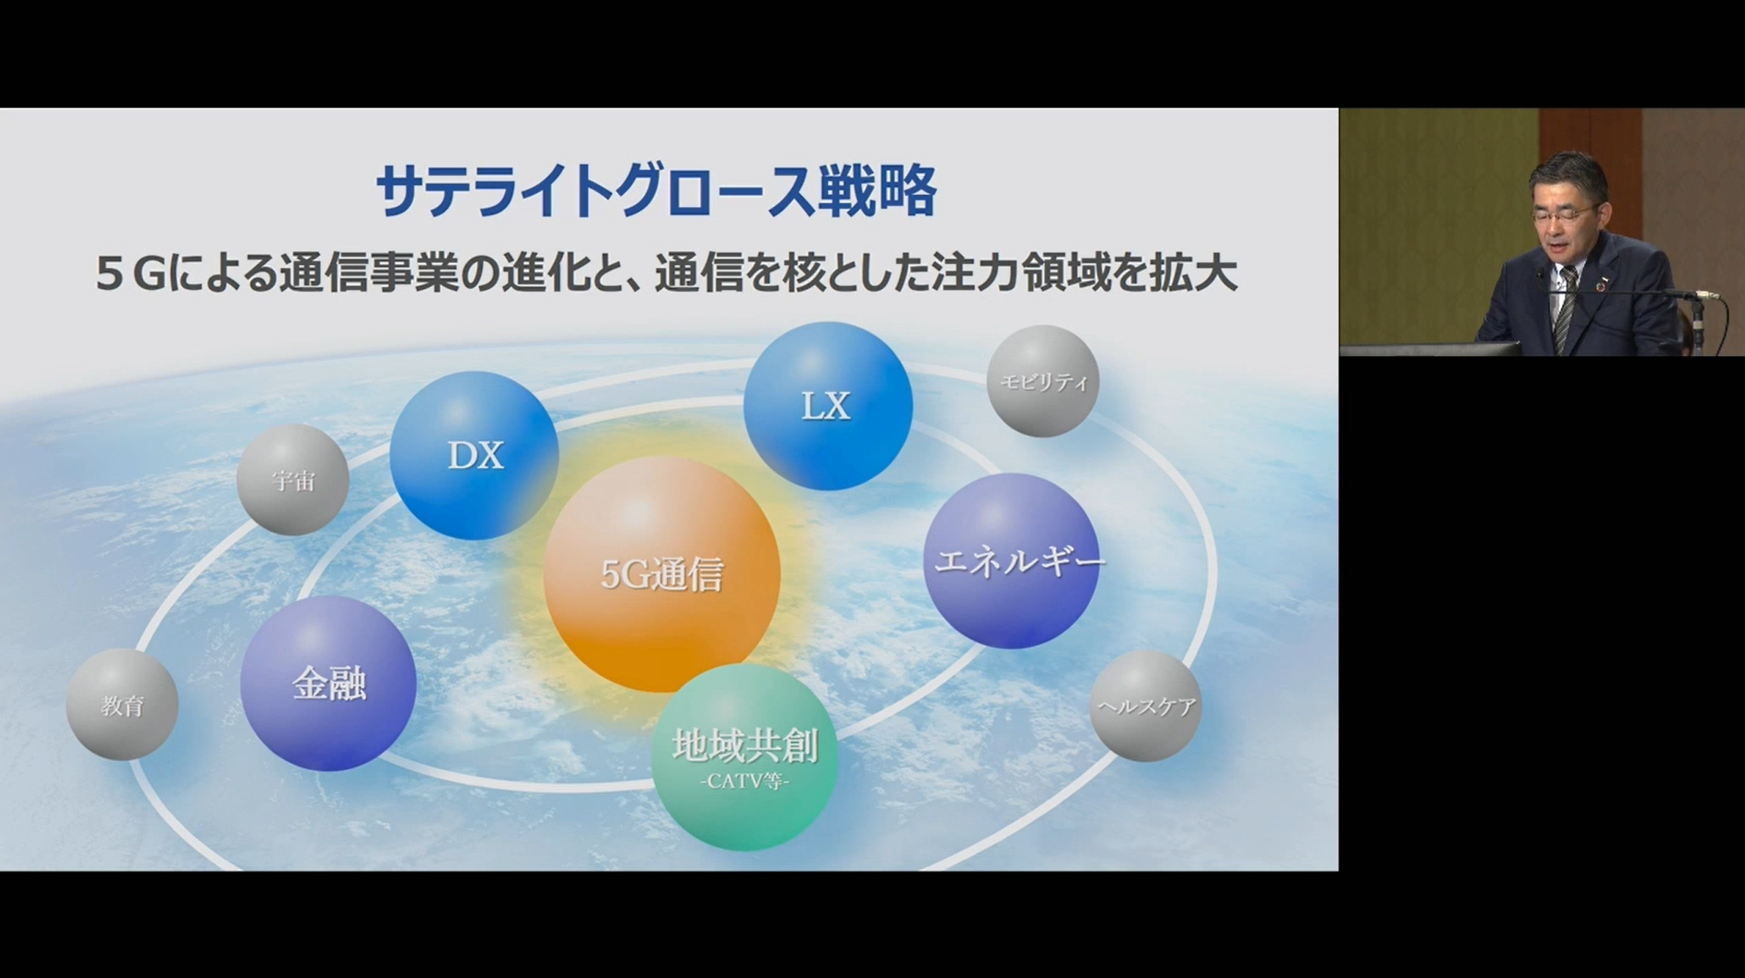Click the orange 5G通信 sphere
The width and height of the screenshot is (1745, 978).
pos(661,574)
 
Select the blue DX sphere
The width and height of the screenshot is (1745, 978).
pos(474,455)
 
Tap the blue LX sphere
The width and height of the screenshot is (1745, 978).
pos(828,406)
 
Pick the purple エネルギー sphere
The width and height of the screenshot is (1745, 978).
pos(1011,561)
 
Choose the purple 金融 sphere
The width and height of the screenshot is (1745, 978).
pos(328,684)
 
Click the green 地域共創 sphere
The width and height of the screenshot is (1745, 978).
pos(744,757)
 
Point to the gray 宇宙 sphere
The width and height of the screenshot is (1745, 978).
pos(293,479)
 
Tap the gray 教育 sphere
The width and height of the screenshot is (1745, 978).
pos(122,705)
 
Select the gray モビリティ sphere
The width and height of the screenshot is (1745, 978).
pos(1043,381)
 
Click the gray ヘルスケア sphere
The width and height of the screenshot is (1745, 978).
pos(1145,706)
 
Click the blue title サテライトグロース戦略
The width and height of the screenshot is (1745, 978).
pos(656,191)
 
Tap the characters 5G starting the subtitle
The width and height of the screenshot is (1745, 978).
pos(132,274)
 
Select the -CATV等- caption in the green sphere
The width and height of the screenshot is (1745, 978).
pos(744,782)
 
